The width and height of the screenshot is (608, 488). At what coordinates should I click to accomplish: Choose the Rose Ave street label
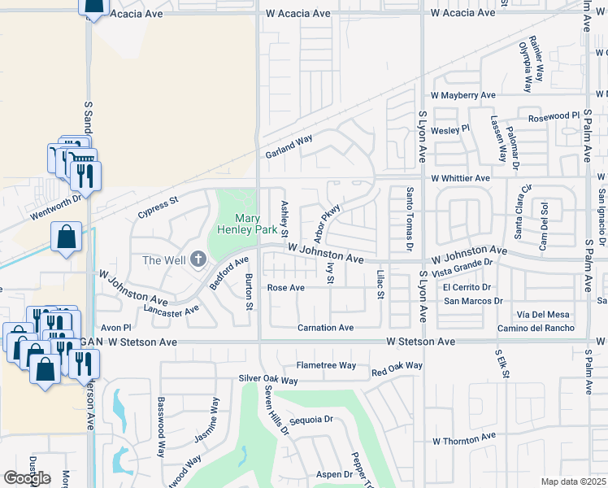click(286, 288)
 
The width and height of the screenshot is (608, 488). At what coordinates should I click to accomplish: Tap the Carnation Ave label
click(324, 327)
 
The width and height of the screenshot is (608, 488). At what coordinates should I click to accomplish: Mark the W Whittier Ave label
click(460, 177)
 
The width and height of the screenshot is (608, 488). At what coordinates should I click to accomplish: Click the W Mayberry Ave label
click(463, 95)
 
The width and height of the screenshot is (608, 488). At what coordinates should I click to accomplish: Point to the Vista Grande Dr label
click(463, 267)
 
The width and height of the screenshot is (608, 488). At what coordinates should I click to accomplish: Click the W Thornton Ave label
click(463, 438)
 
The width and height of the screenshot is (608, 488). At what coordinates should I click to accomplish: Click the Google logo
click(27, 478)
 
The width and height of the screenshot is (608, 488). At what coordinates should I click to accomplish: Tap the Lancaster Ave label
click(172, 309)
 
